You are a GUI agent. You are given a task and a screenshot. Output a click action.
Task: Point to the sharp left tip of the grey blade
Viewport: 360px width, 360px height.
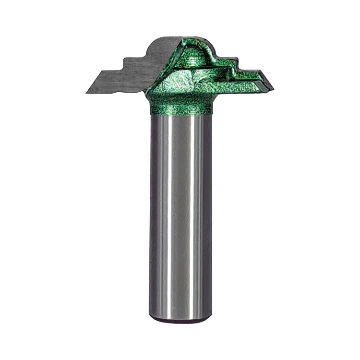pos(88,92)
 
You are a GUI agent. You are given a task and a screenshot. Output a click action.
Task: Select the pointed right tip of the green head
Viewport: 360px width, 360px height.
pos(272,89)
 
